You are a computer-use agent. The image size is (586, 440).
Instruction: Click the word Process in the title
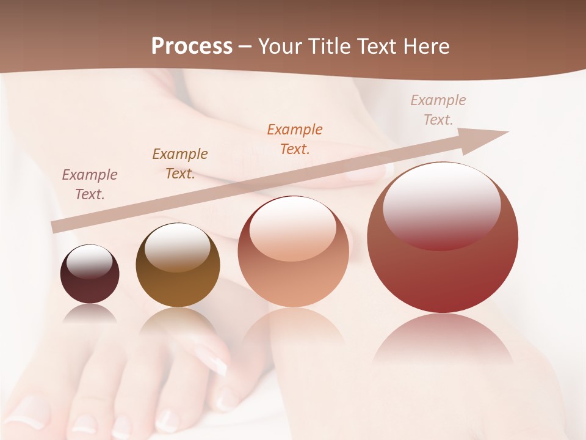[x=192, y=46]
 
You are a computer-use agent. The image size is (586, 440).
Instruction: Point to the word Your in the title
[x=278, y=46]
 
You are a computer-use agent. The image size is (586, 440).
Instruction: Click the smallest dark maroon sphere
[x=90, y=274]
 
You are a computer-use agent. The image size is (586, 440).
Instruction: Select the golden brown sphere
[x=178, y=265]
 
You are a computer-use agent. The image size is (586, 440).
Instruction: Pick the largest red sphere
[x=443, y=238]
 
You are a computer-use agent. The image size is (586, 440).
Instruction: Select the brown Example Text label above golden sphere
[x=179, y=164]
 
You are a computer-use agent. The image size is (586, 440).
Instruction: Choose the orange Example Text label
[x=295, y=139]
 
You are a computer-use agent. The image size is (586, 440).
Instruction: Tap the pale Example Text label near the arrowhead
[x=438, y=110]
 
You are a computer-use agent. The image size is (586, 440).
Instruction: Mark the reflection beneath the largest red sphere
[x=443, y=339]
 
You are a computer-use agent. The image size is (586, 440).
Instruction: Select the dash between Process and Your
[x=245, y=46]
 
